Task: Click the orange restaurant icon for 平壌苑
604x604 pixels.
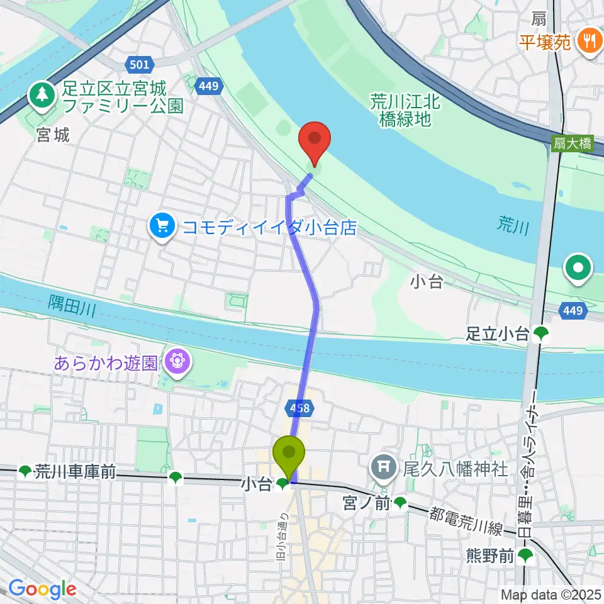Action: click(590, 42)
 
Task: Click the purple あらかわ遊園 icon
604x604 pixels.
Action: click(177, 363)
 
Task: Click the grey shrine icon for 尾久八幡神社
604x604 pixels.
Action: click(382, 468)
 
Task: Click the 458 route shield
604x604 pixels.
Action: click(301, 409)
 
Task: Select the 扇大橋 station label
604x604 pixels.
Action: click(573, 143)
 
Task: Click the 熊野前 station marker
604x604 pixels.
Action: click(525, 556)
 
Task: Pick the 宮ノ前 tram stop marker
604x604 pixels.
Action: click(400, 502)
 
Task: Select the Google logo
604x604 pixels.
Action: click(42, 589)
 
